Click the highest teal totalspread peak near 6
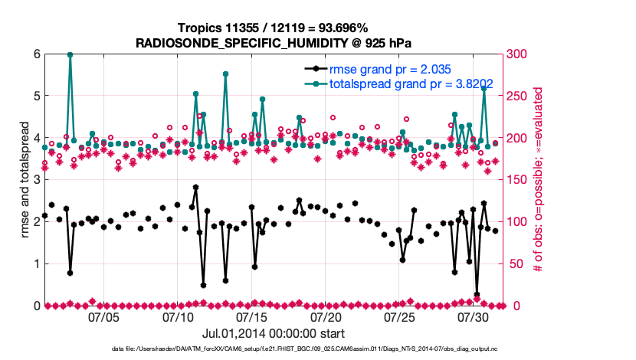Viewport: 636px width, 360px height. point(70,54)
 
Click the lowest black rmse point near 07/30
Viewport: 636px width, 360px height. point(477,295)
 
